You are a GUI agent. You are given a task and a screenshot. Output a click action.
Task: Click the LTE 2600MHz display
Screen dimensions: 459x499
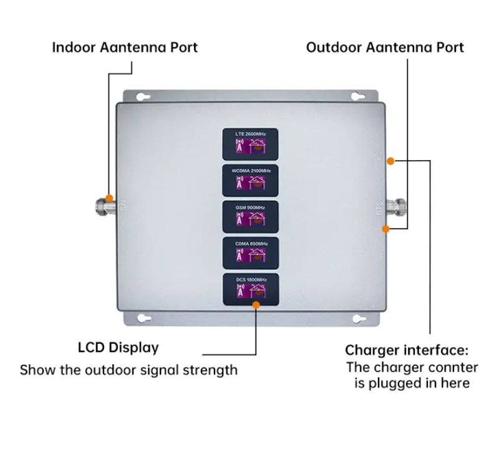point(251,144)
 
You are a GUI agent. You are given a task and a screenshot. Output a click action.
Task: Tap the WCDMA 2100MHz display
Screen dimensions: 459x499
point(251,181)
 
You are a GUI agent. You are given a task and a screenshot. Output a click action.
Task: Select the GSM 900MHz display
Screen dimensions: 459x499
point(251,216)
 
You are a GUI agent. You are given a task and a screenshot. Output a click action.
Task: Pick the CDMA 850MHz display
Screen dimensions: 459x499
point(251,252)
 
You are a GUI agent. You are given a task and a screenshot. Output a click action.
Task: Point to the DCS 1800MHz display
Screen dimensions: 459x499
point(251,289)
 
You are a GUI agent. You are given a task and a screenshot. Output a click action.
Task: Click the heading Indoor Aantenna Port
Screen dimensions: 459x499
point(125,47)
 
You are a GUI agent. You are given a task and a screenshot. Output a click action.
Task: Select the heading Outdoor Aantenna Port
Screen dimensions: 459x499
point(385,47)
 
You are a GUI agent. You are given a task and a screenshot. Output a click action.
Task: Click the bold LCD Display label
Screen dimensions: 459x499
point(119,348)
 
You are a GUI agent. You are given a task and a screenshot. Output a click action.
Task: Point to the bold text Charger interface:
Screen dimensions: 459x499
point(407,350)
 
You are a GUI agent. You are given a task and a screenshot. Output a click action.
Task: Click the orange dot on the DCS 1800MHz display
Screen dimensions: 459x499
point(256,305)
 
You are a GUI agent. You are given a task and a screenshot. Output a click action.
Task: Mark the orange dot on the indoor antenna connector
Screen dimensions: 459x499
point(109,198)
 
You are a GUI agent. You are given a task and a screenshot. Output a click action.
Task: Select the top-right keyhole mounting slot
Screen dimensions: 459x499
point(358,97)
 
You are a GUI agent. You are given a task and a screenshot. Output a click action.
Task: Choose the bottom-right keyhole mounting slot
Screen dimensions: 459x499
point(358,319)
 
